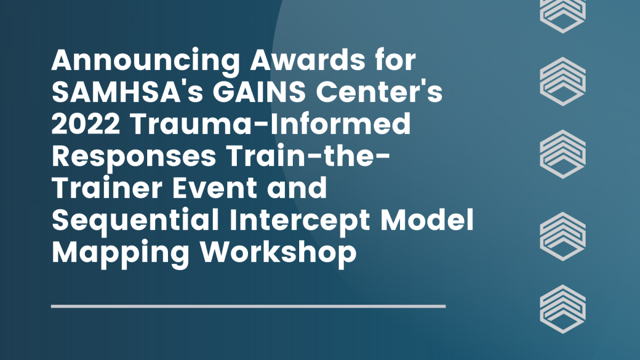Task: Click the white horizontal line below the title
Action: tap(248, 306)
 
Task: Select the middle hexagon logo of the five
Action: tap(563, 155)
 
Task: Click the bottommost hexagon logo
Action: tap(563, 309)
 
